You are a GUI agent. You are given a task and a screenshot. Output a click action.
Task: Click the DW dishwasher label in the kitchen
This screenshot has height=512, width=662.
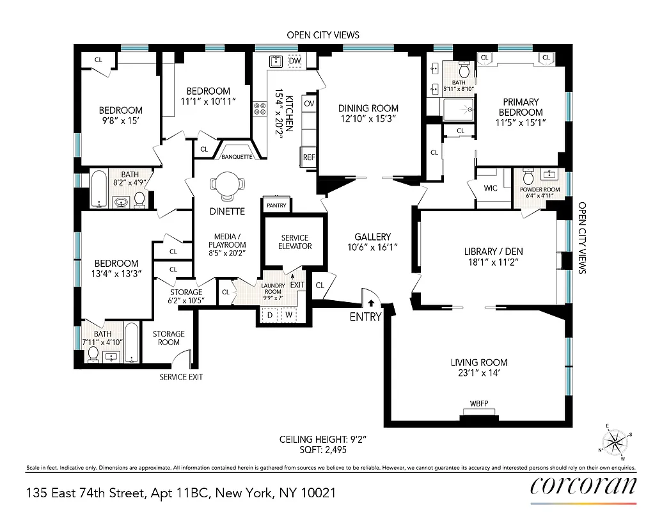(295, 61)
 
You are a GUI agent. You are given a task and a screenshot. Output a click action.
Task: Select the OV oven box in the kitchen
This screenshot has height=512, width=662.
(309, 104)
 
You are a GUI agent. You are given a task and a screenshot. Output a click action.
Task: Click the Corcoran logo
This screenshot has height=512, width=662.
(583, 486)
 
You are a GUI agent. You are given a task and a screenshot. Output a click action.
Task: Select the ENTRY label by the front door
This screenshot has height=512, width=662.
(365, 316)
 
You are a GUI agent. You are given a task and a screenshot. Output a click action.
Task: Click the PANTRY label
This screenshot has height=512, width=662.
(277, 205)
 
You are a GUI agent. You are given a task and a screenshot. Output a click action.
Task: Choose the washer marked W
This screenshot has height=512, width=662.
(288, 315)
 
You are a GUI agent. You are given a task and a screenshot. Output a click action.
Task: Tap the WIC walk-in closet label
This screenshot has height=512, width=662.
(491, 188)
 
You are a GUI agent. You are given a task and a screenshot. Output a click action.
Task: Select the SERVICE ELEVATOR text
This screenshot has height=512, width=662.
(295, 242)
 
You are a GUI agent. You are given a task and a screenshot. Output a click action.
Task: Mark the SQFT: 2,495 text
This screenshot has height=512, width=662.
(322, 450)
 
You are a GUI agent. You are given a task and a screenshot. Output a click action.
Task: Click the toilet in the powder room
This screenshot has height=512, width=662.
(528, 176)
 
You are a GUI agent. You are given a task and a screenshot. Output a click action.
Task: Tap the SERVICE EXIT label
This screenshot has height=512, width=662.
(181, 377)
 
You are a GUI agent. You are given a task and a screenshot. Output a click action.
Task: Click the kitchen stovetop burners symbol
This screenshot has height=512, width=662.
(260, 109)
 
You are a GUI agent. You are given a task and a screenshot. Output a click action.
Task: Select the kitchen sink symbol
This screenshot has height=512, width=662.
(276, 61)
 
